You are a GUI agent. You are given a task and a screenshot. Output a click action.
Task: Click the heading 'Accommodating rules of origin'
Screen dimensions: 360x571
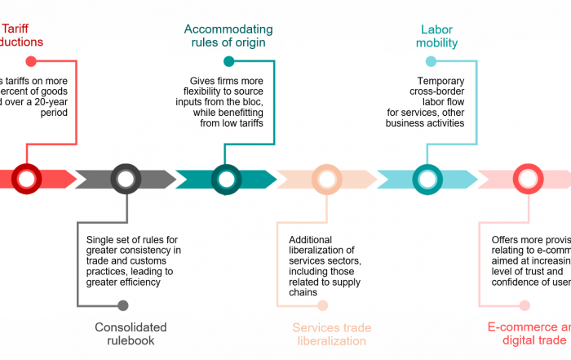click(x=228, y=36)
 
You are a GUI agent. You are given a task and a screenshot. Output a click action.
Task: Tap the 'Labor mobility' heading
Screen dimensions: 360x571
click(x=436, y=36)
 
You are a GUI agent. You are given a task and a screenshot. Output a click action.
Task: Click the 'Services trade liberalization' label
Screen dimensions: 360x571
click(x=331, y=335)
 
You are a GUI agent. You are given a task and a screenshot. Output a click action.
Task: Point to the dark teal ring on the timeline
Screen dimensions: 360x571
click(x=227, y=179)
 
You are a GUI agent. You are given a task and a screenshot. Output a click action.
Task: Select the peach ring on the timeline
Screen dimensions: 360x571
click(x=327, y=179)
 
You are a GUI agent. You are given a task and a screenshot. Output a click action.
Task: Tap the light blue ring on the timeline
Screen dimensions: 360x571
click(x=427, y=179)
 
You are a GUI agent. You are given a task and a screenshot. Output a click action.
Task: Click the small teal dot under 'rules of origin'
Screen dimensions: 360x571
click(x=229, y=61)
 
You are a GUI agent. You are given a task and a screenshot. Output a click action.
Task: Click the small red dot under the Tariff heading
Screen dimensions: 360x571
click(x=31, y=61)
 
